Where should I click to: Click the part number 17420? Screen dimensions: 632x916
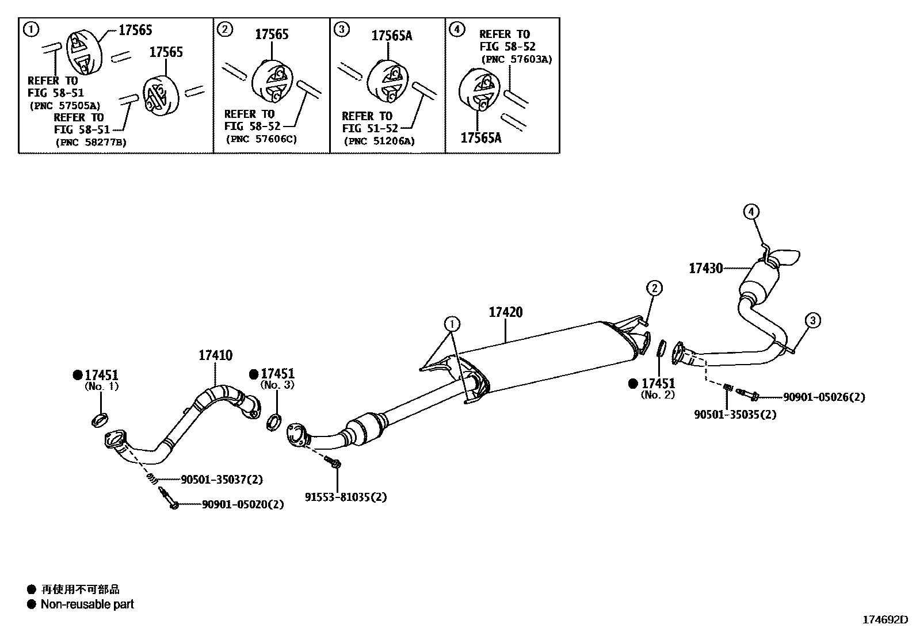pyautogui.click(x=505, y=312)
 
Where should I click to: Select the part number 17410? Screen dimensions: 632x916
pyautogui.click(x=215, y=355)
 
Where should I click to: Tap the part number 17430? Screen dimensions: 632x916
pyautogui.click(x=705, y=268)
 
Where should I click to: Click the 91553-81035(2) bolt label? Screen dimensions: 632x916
pyautogui.click(x=346, y=497)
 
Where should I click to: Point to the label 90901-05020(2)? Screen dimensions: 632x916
pyautogui.click(x=243, y=504)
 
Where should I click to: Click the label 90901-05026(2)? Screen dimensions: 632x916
pyautogui.click(x=823, y=397)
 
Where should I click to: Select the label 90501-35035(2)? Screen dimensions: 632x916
pyautogui.click(x=735, y=414)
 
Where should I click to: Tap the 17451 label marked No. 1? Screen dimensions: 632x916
pyautogui.click(x=101, y=374)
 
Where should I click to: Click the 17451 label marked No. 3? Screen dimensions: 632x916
pyautogui.click(x=277, y=374)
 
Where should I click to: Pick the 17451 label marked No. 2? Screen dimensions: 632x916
pyautogui.click(x=658, y=383)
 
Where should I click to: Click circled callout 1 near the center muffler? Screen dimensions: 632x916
pyautogui.click(x=453, y=324)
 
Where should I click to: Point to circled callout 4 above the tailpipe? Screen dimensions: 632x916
pyautogui.click(x=750, y=212)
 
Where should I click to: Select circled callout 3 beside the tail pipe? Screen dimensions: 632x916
pyautogui.click(x=812, y=320)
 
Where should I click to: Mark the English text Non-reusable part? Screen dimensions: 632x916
pyautogui.click(x=87, y=604)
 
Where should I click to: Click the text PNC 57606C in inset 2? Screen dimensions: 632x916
pyautogui.click(x=261, y=139)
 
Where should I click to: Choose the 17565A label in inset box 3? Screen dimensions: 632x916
pyautogui.click(x=391, y=36)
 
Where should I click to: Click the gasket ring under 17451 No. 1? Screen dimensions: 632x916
pyautogui.click(x=100, y=420)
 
